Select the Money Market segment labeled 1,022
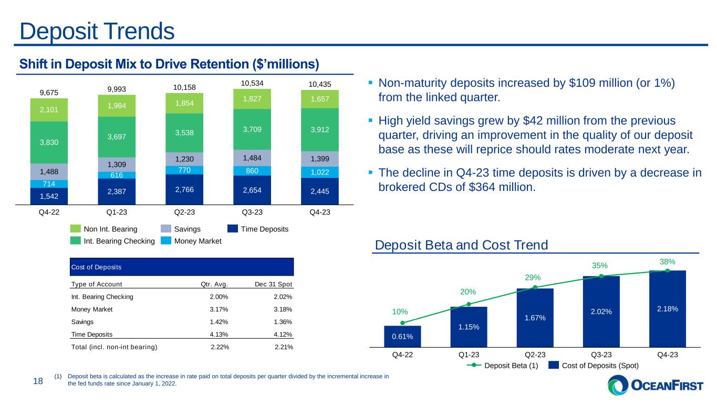[320, 171]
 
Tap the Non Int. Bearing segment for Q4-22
[49, 110]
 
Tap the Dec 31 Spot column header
[274, 285]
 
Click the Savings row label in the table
[82, 322]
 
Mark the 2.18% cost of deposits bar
[667, 309]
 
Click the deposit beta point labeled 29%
[535, 287]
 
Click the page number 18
[37, 383]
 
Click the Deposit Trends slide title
[97, 32]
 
